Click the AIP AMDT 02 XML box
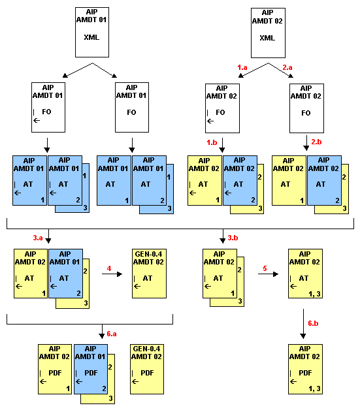pyautogui.click(x=267, y=31)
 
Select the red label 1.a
pyautogui.click(x=242, y=67)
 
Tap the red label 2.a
pyautogui.click(x=287, y=67)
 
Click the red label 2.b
pyautogui.click(x=317, y=142)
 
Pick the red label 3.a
pyautogui.click(x=39, y=238)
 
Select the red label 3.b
pyautogui.click(x=233, y=238)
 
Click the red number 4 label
pyautogui.click(x=109, y=267)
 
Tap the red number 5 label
pyautogui.click(x=265, y=267)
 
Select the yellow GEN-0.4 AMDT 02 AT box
pyautogui.click(x=147, y=273)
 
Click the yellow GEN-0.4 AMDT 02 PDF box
pyautogui.click(x=147, y=368)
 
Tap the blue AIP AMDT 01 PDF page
pyautogui.click(x=91, y=368)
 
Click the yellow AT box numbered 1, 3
pyautogui.click(x=305, y=273)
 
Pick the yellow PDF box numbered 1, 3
pyautogui.click(x=305, y=368)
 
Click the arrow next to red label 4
pyautogui.click(x=111, y=274)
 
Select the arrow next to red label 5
pyautogui.click(x=267, y=274)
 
